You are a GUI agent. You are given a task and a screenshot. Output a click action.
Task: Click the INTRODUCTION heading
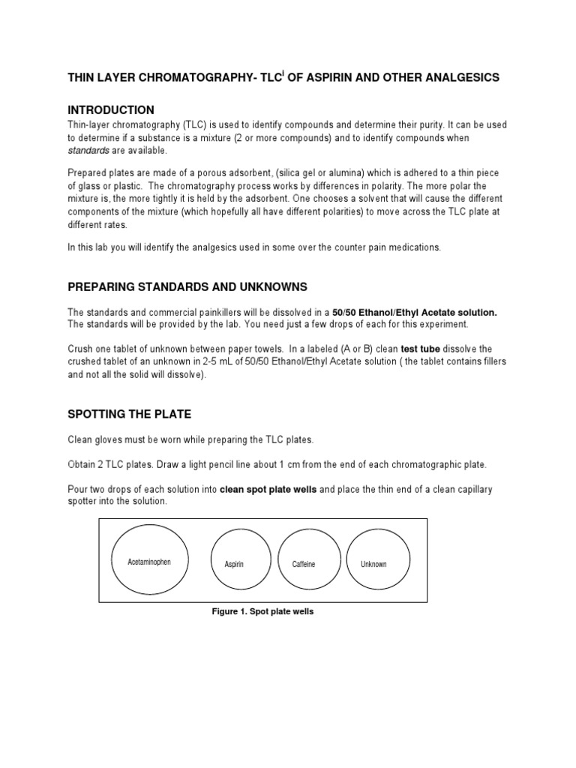tap(111, 110)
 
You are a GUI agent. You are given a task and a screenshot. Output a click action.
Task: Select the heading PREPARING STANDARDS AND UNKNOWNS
tap(187, 287)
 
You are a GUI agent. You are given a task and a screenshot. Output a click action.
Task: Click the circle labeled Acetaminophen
tap(149, 562)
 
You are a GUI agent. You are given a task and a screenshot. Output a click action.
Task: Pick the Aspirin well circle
tap(235, 564)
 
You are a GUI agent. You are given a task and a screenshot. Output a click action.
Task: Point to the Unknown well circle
tap(373, 564)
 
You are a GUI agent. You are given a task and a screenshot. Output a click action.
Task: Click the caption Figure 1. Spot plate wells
tap(262, 612)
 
